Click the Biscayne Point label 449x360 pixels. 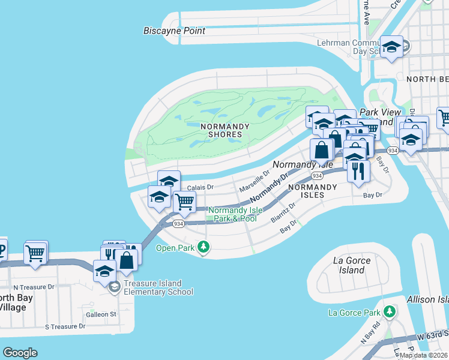(174, 31)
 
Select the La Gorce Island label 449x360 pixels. (352, 265)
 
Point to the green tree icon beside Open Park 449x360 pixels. (204, 247)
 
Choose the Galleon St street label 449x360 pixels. (100, 314)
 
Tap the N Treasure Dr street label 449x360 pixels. (34, 287)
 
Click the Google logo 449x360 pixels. (20, 352)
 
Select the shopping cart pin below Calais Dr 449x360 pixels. (184, 203)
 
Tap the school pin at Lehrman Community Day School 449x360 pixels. (391, 47)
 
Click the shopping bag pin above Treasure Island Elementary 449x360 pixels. (127, 260)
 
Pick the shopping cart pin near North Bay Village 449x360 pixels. (35, 253)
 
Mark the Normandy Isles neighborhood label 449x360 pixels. (312, 187)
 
